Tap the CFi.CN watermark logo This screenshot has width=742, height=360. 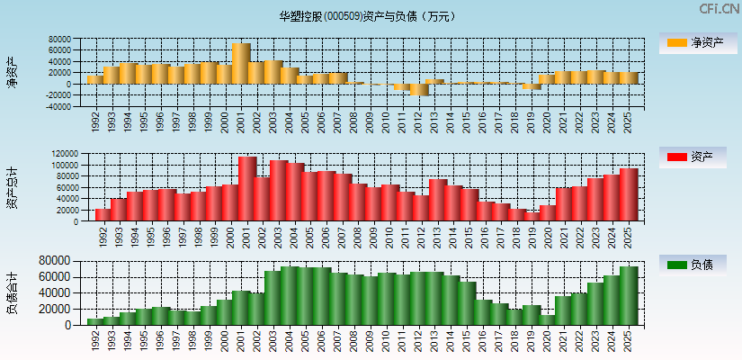coord(720,9)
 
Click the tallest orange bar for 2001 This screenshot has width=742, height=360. coord(241,63)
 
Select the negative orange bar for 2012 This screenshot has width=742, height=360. coord(419,89)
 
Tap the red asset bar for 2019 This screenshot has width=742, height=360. coord(532,216)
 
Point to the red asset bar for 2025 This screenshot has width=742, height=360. coord(629,194)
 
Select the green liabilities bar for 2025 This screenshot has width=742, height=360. coord(629,295)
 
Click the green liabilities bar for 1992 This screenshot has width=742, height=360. coord(95,321)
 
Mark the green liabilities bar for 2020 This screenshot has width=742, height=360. coord(548,319)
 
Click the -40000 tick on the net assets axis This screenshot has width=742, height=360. coord(58,106)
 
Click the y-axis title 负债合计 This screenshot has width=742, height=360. coord(12,292)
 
